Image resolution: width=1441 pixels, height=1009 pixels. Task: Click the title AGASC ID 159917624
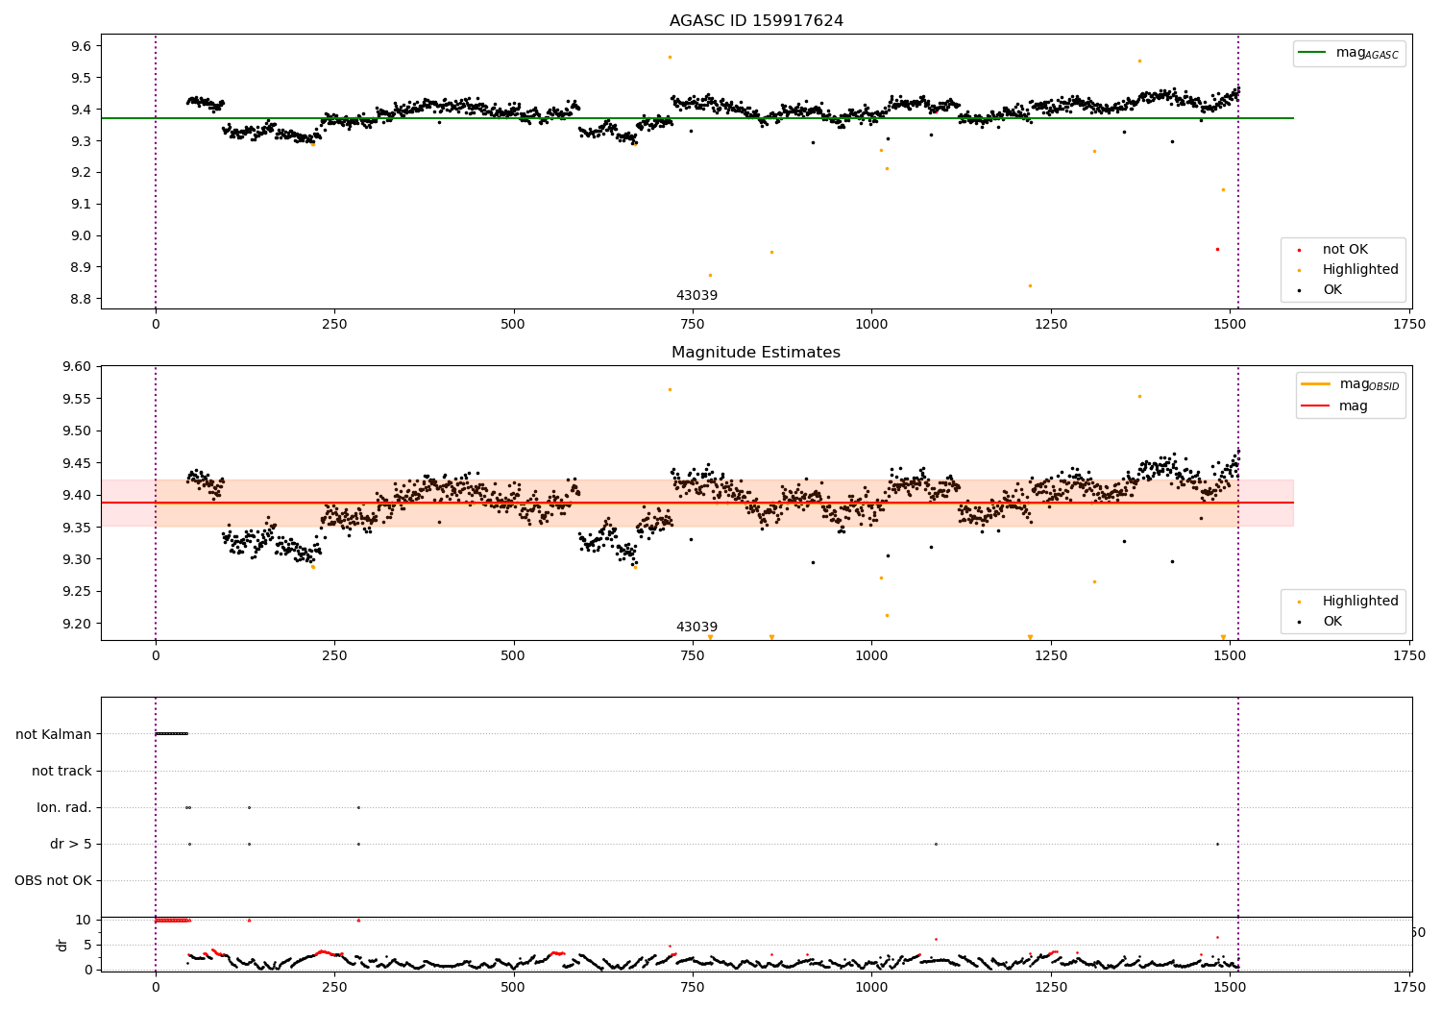(756, 21)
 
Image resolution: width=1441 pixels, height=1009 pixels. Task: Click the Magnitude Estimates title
(756, 353)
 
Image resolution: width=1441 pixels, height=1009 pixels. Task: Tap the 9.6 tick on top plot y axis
(82, 46)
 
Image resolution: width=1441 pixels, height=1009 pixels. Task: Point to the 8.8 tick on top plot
(82, 299)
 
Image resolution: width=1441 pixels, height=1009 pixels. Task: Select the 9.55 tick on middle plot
(78, 399)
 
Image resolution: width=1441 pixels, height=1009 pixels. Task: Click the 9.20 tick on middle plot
(78, 624)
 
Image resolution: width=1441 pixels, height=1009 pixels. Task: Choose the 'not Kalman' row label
(54, 734)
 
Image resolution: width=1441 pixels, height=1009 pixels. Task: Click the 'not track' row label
(61, 771)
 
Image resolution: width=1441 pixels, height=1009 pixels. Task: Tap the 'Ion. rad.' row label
(64, 807)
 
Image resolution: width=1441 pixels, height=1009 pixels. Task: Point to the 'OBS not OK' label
(53, 880)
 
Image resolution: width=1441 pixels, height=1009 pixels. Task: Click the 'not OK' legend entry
(1344, 250)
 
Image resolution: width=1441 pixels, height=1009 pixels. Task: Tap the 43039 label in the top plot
(696, 296)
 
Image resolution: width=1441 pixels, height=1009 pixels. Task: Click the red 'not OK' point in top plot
(1217, 249)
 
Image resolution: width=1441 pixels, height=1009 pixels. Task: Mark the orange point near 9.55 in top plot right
(1139, 61)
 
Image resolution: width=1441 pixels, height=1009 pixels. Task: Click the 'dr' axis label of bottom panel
(62, 945)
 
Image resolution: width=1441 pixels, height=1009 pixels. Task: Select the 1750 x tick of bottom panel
(1409, 987)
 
